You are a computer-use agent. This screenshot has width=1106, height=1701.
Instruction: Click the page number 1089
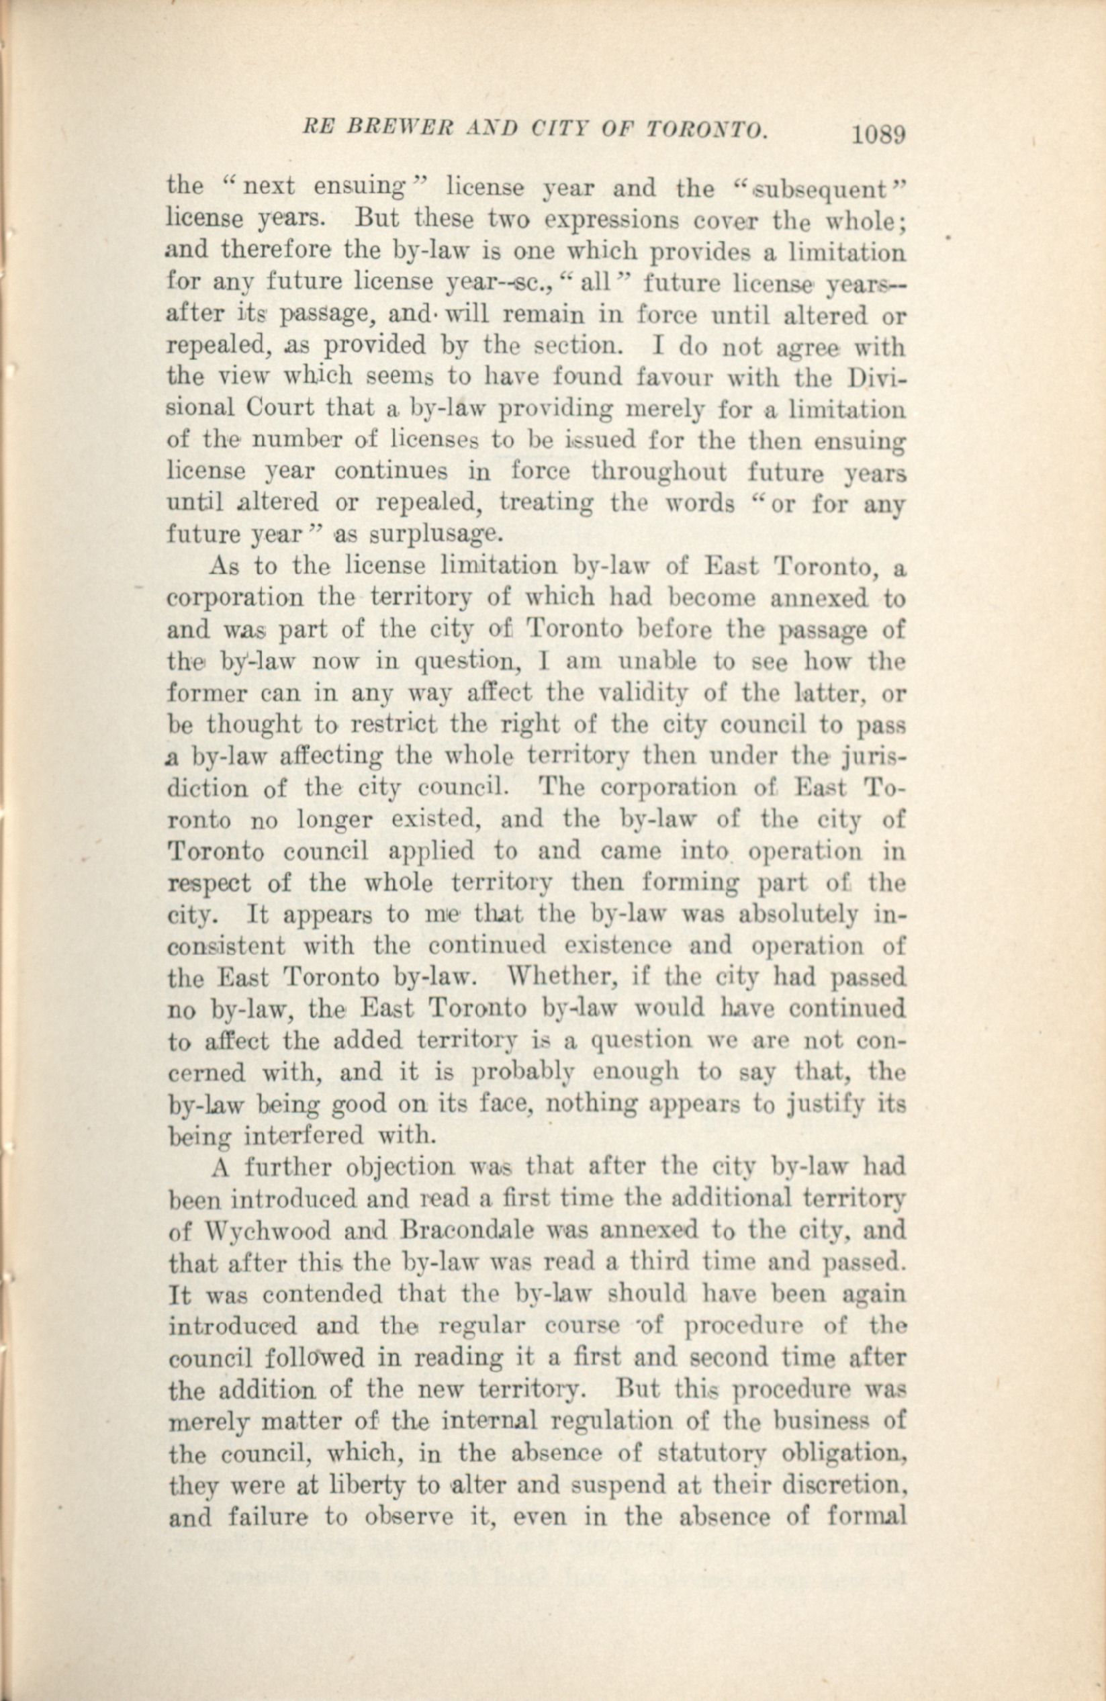point(879,134)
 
